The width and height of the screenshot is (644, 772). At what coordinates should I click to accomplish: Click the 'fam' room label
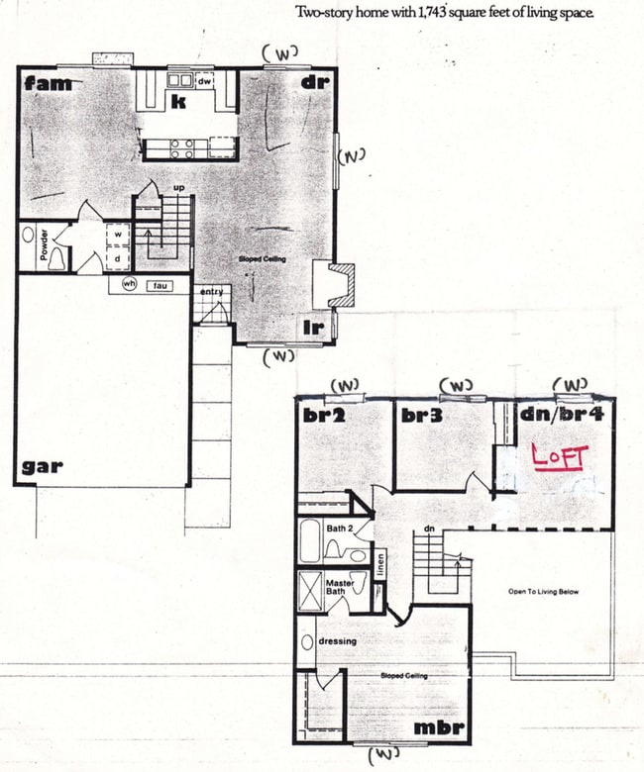tap(48, 83)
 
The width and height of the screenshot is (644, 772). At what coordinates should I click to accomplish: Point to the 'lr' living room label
tap(313, 324)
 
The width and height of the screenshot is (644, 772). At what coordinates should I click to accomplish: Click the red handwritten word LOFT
tap(560, 457)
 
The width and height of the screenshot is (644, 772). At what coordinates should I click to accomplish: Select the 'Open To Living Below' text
tap(543, 592)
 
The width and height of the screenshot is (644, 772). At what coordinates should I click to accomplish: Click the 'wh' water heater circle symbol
tap(128, 285)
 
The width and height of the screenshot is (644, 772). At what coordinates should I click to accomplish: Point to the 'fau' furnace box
tap(156, 285)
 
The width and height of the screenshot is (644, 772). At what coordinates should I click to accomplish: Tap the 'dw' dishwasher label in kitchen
tap(205, 83)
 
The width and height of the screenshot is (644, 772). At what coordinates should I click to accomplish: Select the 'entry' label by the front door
tap(211, 291)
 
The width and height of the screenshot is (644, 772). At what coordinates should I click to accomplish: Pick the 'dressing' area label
tap(337, 641)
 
